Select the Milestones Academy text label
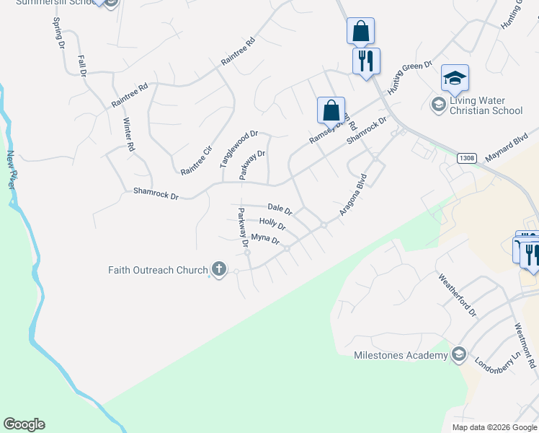click(401, 355)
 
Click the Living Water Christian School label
click(486, 106)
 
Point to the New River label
click(11, 170)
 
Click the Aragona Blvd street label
click(354, 195)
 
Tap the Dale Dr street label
click(279, 209)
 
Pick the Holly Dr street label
click(272, 224)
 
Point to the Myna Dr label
click(264, 239)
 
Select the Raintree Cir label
click(197, 160)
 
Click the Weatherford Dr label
click(458, 294)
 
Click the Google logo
click(24, 424)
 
